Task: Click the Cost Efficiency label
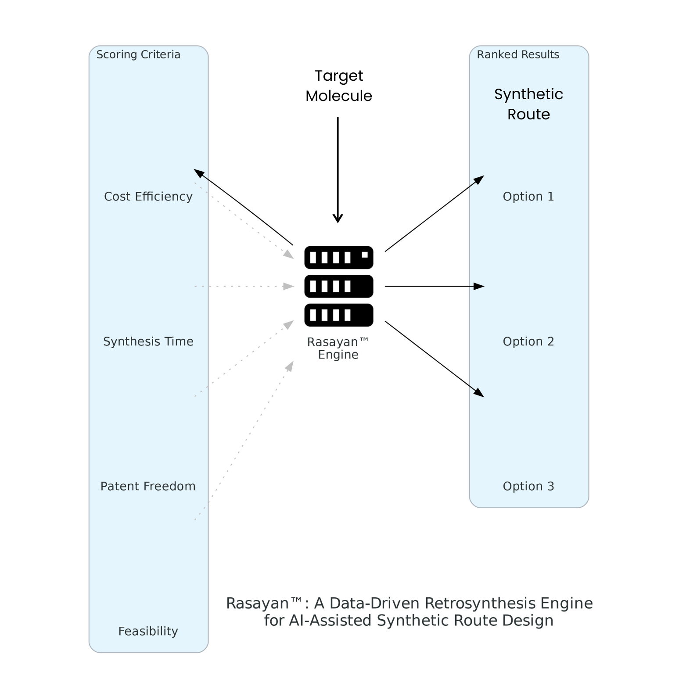148,196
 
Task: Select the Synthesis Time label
148,341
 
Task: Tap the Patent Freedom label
148,486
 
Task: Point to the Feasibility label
148,631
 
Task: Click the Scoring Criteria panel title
138,54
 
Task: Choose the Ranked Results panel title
518,54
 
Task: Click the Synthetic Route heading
528,104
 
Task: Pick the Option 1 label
528,196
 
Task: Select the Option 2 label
528,341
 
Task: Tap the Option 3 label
528,486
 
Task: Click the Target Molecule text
338,86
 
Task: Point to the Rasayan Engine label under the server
338,348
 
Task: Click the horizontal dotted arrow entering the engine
244,286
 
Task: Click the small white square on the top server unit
365,255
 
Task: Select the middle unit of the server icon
338,286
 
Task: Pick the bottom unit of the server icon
338,315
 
